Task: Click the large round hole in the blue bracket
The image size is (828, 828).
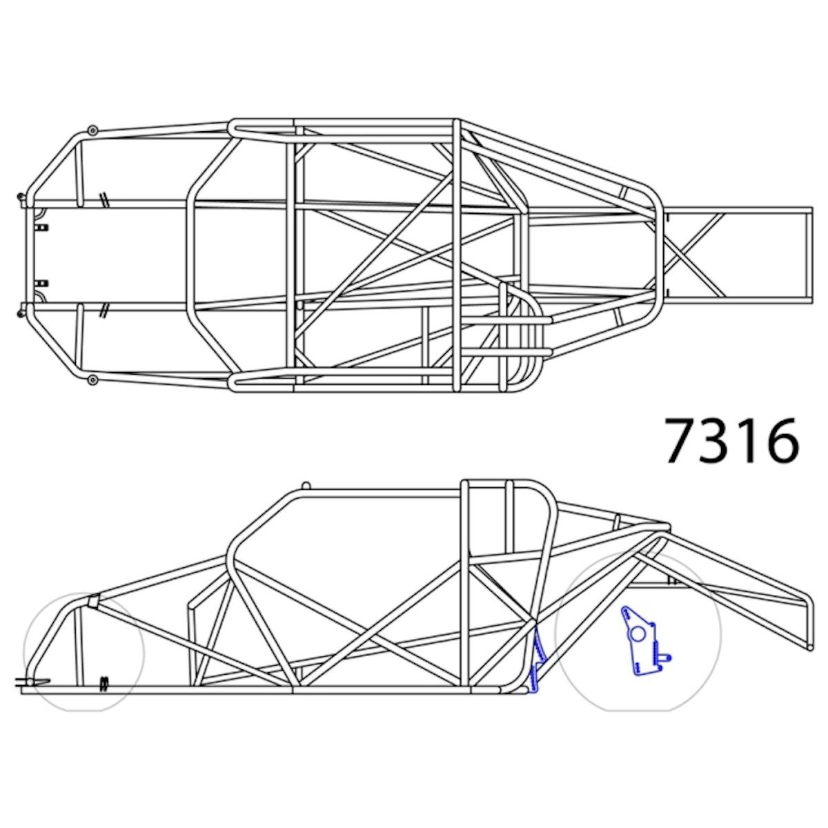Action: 639,633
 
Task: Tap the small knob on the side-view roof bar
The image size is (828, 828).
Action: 306,486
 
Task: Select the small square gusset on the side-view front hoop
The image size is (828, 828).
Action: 92,601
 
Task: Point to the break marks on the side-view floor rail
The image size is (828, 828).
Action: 104,682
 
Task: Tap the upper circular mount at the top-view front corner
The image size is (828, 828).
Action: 92,130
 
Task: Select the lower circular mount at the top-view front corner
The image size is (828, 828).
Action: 92,379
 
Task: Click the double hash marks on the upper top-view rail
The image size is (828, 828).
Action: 103,199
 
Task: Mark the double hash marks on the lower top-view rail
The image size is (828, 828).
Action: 103,310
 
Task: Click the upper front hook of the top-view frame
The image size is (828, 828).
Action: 23,199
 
